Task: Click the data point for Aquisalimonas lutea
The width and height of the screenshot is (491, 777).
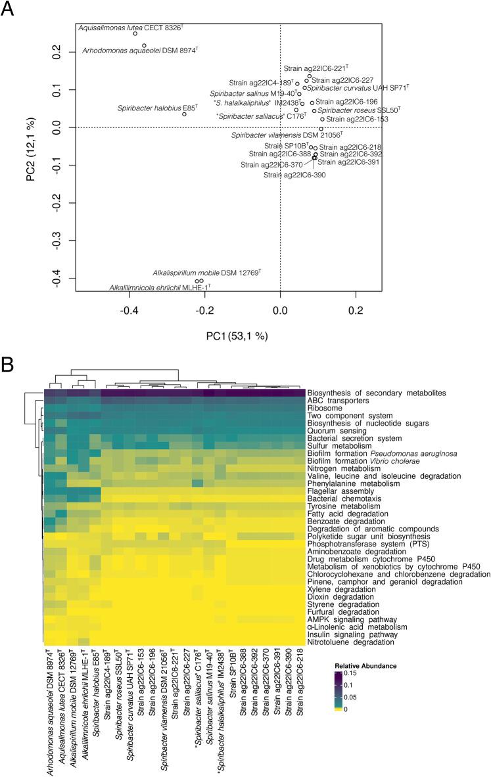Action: (135, 33)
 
